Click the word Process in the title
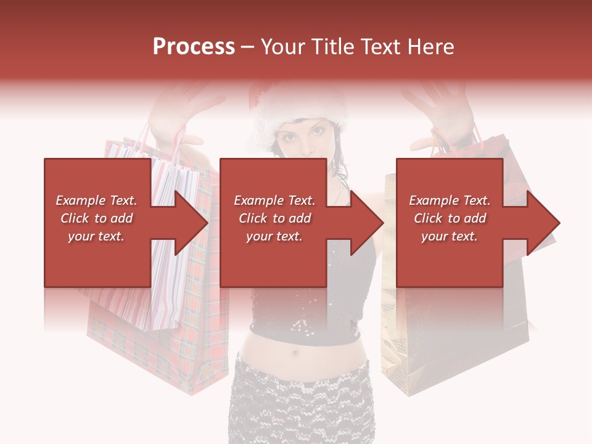coord(194,47)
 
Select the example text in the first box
coord(96,218)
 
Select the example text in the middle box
coord(274,218)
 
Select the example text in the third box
coord(450,218)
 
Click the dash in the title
coord(247,47)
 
